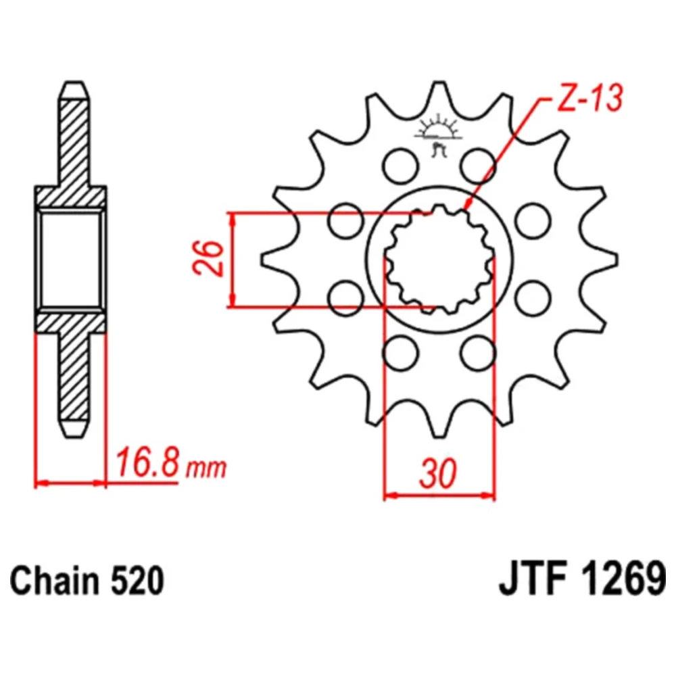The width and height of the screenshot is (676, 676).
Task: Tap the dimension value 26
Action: coord(209,258)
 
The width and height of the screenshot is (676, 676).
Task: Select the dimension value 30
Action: coord(437,473)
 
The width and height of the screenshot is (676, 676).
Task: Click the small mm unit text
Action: coord(206,468)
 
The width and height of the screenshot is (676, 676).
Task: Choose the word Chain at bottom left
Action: coord(55,581)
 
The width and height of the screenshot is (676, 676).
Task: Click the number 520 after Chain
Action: coord(137,581)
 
